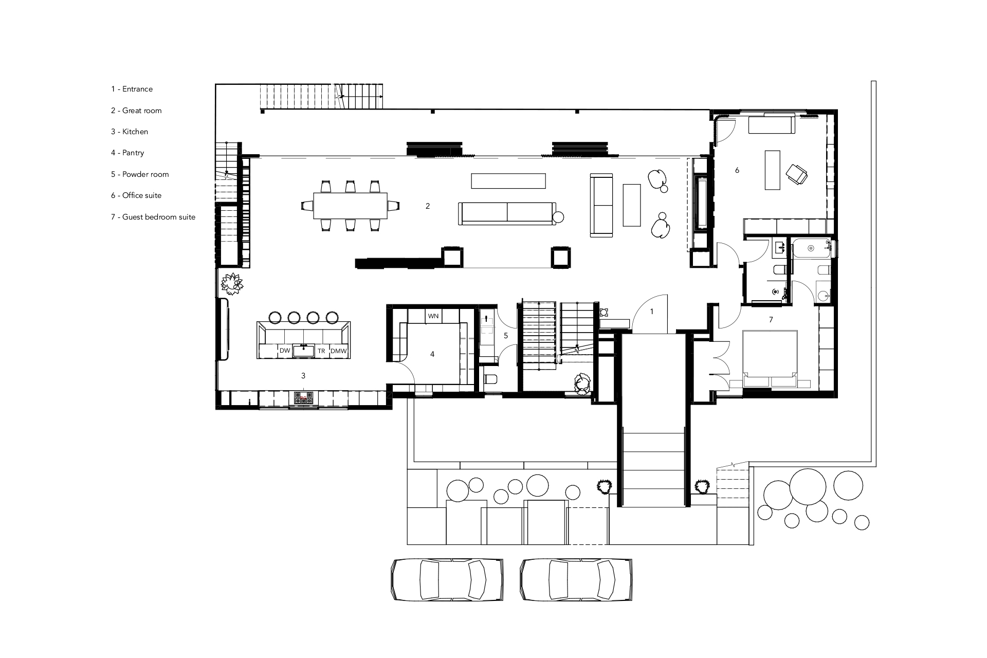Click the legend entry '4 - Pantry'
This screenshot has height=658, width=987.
click(x=127, y=153)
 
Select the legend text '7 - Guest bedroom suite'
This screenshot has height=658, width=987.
click(x=153, y=217)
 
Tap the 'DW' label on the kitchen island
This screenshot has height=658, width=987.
click(x=285, y=351)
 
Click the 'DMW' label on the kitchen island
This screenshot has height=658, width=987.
click(x=339, y=351)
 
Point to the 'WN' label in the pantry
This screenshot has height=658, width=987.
click(x=433, y=316)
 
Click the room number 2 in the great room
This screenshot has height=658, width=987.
click(x=428, y=206)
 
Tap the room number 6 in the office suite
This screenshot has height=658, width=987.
click(x=737, y=170)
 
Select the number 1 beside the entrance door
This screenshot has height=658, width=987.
click(x=652, y=312)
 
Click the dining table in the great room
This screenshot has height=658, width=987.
click(x=351, y=205)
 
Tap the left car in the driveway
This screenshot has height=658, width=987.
click(x=446, y=579)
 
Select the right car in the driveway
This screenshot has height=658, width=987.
click(x=575, y=579)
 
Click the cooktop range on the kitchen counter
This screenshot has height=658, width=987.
click(x=303, y=398)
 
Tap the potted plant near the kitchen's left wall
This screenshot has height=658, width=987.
click(x=232, y=284)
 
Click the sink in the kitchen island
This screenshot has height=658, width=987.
click(x=303, y=351)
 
